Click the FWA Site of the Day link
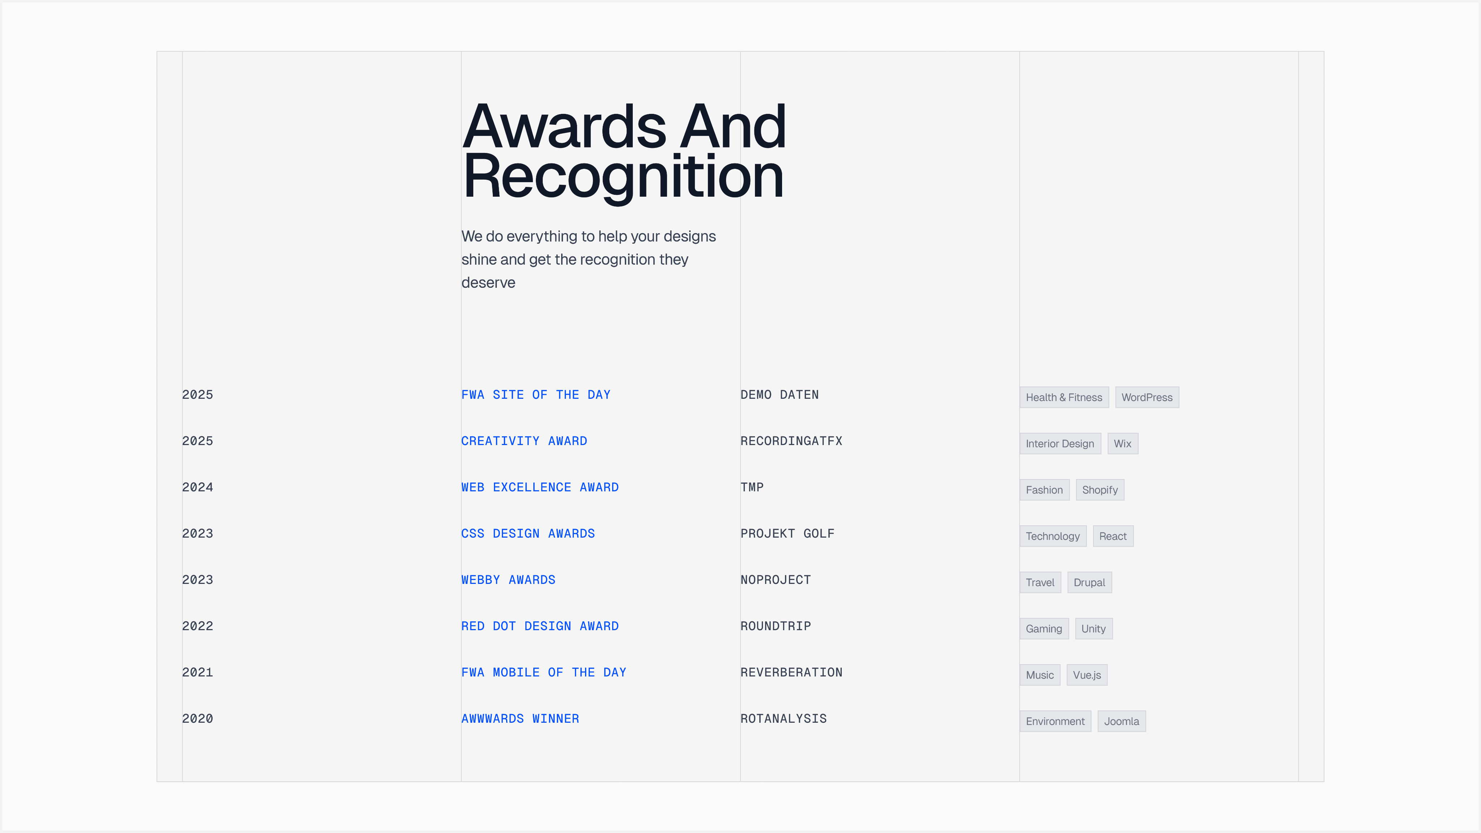tap(536, 395)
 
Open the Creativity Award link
tap(524, 441)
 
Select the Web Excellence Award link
tap(540, 487)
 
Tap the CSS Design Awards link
tap(528, 534)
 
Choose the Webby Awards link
tap(508, 580)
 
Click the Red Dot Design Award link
tap(540, 626)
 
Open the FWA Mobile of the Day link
tap(544, 672)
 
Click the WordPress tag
tap(1147, 397)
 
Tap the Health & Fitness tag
tap(1064, 397)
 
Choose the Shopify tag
tap(1100, 490)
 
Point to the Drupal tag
tap(1089, 582)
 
